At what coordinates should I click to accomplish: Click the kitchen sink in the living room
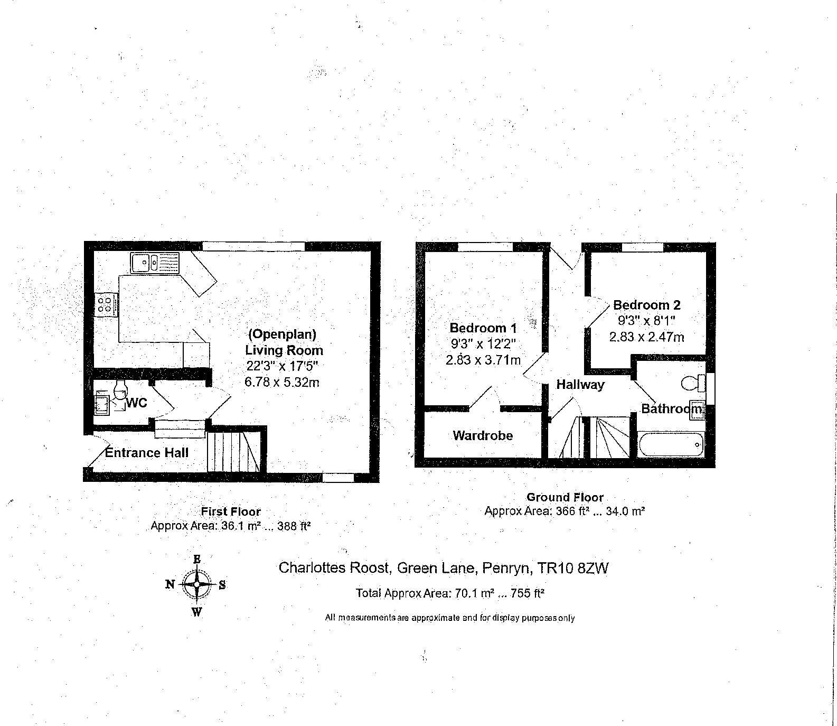[x=154, y=263]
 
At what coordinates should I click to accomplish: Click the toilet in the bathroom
[x=693, y=383]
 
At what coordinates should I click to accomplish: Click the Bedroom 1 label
[x=483, y=328]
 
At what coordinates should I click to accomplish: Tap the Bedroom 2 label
[x=646, y=305]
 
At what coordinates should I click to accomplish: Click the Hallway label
[x=580, y=385]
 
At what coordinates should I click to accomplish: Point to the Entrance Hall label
[x=146, y=452]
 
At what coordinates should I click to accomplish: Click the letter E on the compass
[x=197, y=559]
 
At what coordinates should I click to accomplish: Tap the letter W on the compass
[x=196, y=612]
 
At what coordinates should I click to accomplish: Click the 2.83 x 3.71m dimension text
[x=483, y=360]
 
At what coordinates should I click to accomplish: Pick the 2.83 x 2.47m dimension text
[x=646, y=337]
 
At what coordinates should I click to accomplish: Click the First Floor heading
[x=231, y=511]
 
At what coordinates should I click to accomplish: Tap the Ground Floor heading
[x=565, y=497]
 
